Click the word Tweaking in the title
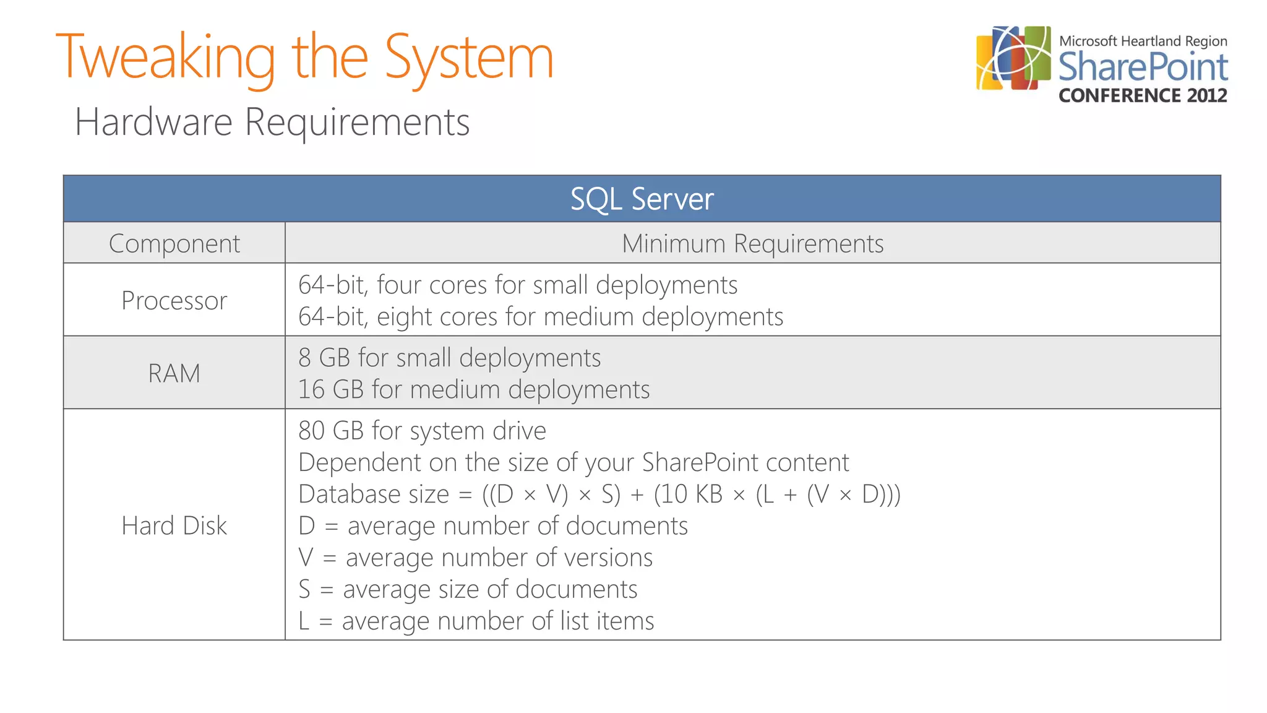166,58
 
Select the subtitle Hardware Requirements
272,121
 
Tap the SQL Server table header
642,199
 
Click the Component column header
174,243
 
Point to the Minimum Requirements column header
752,243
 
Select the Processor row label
174,301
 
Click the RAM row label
174,373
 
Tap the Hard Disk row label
174,525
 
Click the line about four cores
518,285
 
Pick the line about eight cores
541,317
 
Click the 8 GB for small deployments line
449,358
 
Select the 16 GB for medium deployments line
474,390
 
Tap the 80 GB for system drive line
422,431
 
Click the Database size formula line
599,495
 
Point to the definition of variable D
492,526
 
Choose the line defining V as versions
475,558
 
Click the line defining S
468,589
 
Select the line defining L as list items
476,621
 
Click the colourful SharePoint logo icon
1013,58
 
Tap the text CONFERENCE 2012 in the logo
1143,95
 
